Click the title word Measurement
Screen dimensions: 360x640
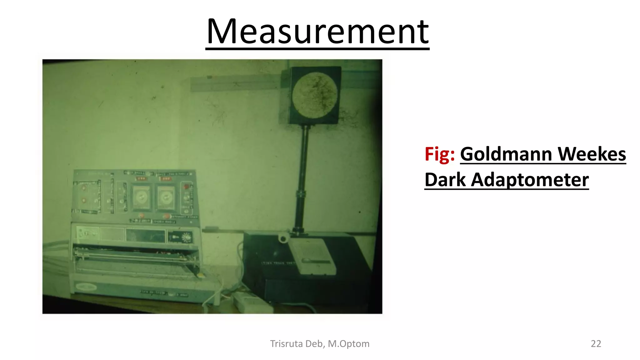[x=317, y=32]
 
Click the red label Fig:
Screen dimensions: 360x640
[x=439, y=154]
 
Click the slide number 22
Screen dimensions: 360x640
[x=596, y=343]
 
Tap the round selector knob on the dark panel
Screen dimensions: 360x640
[x=187, y=238]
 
